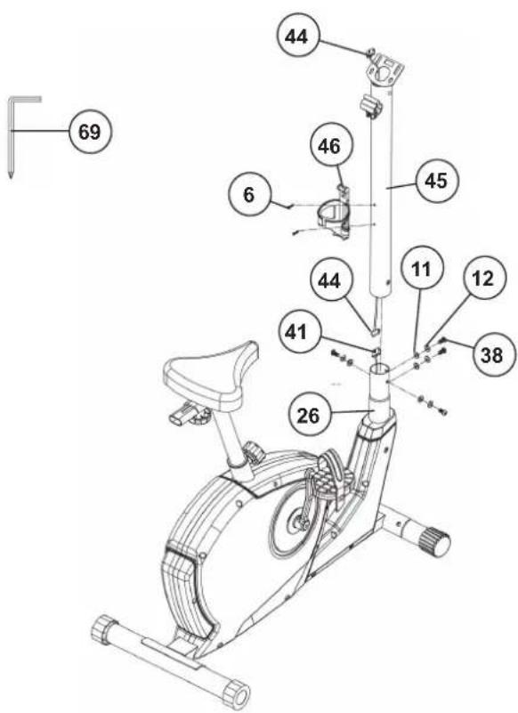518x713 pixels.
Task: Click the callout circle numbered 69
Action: pyautogui.click(x=90, y=132)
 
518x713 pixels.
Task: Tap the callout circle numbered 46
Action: pyautogui.click(x=329, y=146)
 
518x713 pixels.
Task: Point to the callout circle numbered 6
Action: pyautogui.click(x=249, y=195)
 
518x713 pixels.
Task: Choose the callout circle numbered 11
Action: pyautogui.click(x=422, y=270)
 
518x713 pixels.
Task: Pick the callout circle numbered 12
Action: pyautogui.click(x=484, y=278)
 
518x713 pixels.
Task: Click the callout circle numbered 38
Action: pyautogui.click(x=493, y=354)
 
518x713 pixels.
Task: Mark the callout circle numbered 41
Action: pyautogui.click(x=296, y=333)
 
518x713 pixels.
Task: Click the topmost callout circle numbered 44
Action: pyautogui.click(x=296, y=36)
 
